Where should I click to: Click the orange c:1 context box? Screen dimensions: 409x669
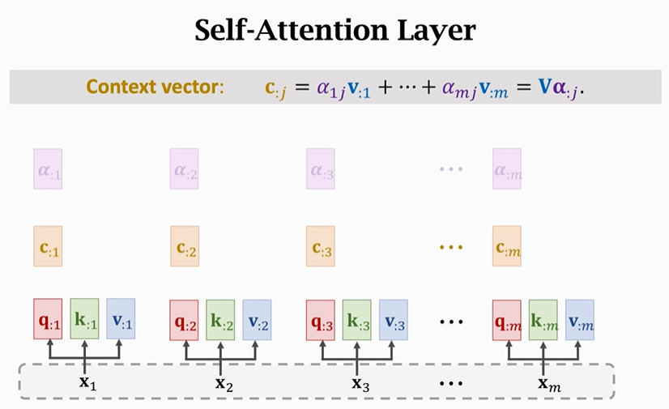pos(48,246)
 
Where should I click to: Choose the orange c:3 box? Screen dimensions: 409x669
pos(320,246)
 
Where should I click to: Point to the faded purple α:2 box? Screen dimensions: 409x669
pos(184,168)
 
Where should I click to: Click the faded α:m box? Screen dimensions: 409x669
pos(506,168)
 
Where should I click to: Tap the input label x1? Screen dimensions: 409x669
pos(87,381)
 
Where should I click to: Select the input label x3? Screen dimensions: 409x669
pos(360,381)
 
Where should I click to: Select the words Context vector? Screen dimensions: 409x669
pos(154,87)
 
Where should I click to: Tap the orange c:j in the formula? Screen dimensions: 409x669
pos(275,88)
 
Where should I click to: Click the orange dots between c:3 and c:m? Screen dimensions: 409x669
pos(450,246)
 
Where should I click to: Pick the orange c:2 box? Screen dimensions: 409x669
pos(184,246)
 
